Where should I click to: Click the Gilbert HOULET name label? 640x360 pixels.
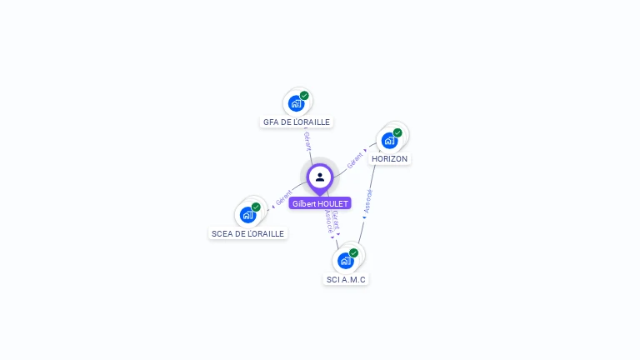point(320,203)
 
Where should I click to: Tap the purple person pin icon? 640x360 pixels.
point(320,177)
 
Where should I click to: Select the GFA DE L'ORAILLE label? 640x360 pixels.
point(297,122)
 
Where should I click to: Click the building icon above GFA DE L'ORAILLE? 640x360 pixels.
point(295,103)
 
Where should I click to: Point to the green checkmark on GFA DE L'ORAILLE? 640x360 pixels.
point(304,95)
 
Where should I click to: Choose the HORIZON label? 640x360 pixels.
point(389,158)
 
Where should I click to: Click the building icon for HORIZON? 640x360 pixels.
point(388,140)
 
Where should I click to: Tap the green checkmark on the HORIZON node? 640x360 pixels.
point(397,132)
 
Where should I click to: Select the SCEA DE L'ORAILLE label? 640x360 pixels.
point(248,233)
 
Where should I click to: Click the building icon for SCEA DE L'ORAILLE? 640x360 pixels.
point(247,215)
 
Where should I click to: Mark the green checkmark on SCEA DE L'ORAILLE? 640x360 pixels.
point(256,207)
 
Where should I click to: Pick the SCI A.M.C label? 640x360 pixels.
point(346,279)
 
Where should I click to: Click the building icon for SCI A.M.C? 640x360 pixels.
point(345,261)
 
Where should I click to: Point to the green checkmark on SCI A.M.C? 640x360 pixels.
point(354,252)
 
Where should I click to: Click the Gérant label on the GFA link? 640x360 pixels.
point(307,141)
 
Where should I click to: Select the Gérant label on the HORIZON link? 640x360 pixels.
point(356,160)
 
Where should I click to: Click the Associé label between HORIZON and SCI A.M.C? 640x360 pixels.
point(368,201)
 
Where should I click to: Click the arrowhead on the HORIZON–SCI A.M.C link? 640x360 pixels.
point(364,217)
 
